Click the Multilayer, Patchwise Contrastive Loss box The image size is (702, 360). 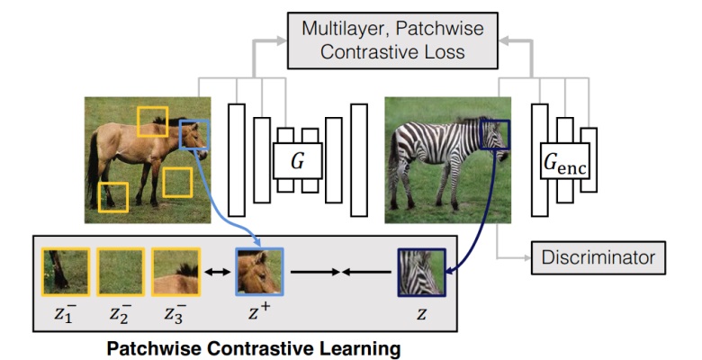pos(392,40)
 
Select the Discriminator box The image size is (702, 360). pos(598,258)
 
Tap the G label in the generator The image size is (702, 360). pos(297,161)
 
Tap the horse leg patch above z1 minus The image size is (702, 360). pos(66,270)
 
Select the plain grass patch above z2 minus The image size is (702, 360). pos(120,270)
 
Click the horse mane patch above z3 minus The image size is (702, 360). pos(175,270)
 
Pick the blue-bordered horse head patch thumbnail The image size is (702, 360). pos(259,271)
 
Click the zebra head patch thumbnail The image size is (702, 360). pos(420,272)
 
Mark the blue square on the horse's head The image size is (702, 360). pos(194,135)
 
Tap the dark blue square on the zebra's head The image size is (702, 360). pos(495,135)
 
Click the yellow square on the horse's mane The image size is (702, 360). pos(152,121)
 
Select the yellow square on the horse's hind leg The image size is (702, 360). pos(113,197)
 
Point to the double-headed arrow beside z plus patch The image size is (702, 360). pos(219,270)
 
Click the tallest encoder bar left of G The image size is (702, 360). pos(237,159)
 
